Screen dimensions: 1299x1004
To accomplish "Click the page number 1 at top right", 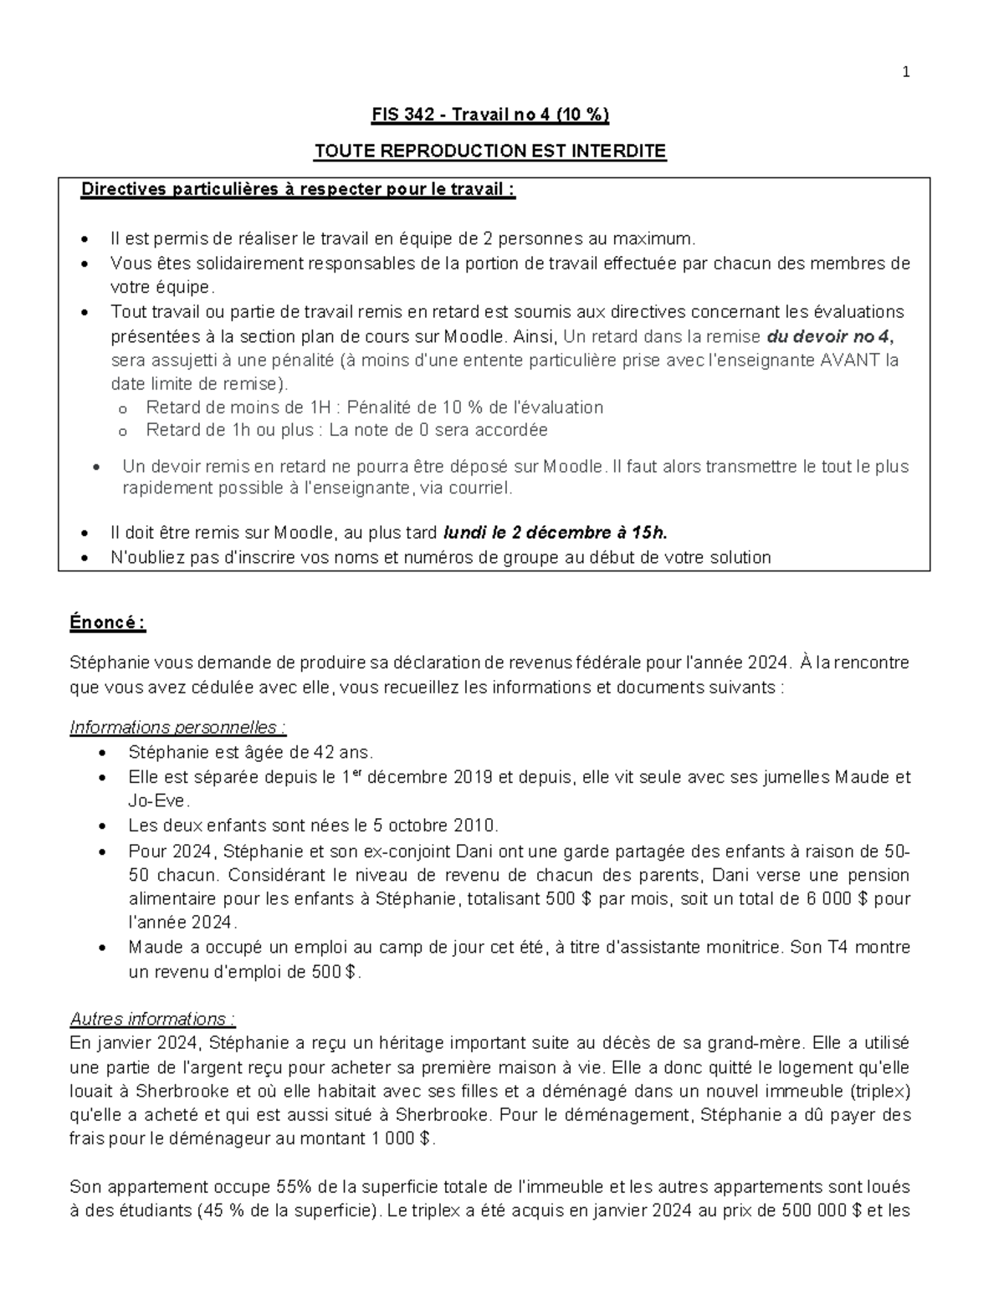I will tap(905, 73).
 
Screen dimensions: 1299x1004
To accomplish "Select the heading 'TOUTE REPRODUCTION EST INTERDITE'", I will tap(490, 151).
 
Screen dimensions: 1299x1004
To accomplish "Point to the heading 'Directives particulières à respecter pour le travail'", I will tap(297, 190).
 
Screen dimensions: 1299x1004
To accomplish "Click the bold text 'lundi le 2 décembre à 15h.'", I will tap(555, 533).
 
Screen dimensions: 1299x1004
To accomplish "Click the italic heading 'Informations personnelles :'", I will tap(178, 727).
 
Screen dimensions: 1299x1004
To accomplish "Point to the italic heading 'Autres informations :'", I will tap(153, 1019).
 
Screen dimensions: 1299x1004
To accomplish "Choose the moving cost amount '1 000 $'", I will tap(404, 1138).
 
